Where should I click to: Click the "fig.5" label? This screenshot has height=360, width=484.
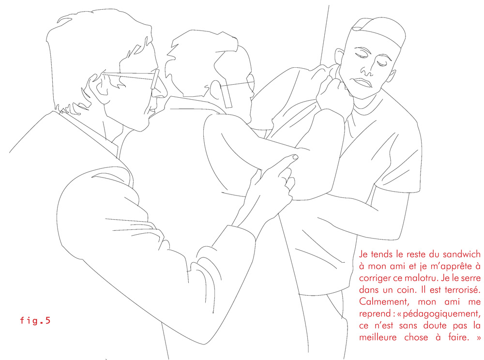[x=35, y=320]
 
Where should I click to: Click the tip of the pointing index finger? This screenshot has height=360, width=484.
[x=295, y=157]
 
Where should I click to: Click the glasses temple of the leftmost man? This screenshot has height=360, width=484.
[x=155, y=79]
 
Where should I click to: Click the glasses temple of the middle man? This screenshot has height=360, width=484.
[x=226, y=94]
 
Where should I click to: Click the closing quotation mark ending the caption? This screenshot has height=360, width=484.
[x=478, y=337]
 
